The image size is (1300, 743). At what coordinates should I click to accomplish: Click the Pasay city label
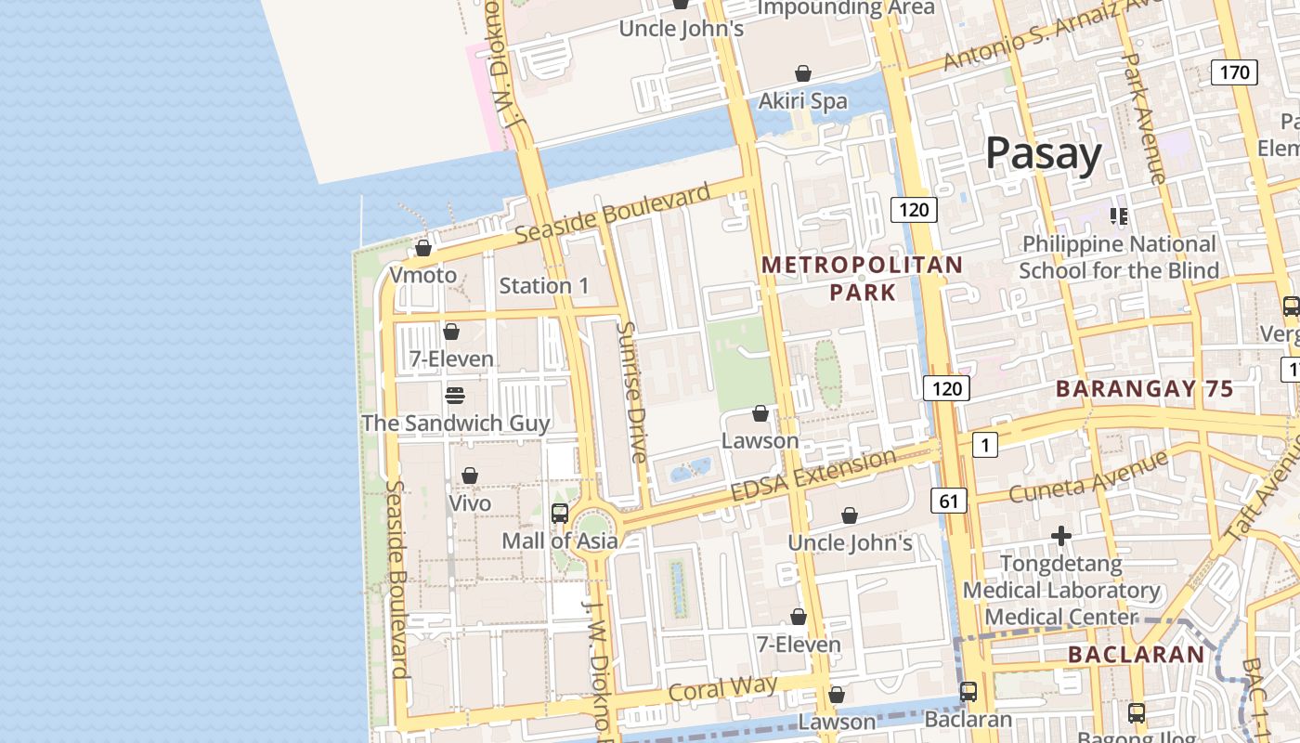coord(1043,153)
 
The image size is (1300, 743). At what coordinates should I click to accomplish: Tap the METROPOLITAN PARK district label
coord(862,278)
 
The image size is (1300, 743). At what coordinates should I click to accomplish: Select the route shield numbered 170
coord(1234,72)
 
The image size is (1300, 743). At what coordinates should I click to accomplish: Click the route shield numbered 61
coord(948,502)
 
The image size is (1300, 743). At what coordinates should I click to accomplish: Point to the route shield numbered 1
coord(984,445)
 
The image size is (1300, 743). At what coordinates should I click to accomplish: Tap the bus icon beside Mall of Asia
coord(560,513)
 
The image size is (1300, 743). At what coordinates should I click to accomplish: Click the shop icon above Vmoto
coord(423,248)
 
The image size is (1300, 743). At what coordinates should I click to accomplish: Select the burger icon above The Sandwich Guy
coord(454,396)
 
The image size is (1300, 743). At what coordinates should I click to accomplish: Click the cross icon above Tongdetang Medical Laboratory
coord(1060,536)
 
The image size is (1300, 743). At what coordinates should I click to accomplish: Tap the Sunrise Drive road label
coord(630,392)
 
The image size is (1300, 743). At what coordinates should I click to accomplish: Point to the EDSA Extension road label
coord(813,474)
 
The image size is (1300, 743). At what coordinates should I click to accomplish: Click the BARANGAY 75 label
coord(1144,389)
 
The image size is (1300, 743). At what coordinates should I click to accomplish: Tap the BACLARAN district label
coord(1136,655)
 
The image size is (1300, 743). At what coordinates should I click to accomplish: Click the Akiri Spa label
coord(803,100)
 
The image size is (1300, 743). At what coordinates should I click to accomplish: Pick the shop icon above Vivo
coord(470,476)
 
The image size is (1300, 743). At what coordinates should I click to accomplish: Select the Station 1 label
coord(544,285)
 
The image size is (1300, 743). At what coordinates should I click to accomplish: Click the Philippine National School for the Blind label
coord(1118,257)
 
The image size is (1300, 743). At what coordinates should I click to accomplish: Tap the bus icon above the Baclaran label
coord(968,691)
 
